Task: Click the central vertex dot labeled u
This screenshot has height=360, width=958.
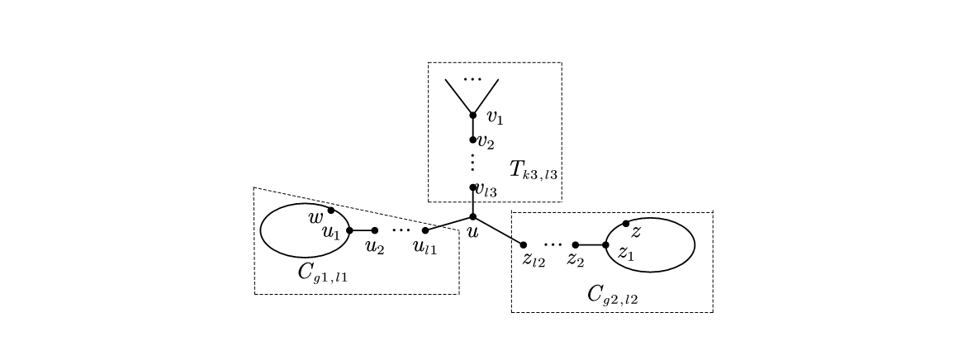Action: click(x=472, y=216)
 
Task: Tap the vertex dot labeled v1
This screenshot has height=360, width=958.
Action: click(x=472, y=115)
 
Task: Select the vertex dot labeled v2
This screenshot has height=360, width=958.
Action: click(x=472, y=140)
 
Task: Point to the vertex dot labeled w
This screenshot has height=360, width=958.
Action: click(x=331, y=210)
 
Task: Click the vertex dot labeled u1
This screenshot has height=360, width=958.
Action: click(x=349, y=230)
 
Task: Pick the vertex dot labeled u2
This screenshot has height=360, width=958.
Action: click(x=375, y=230)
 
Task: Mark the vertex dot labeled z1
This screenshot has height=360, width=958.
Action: click(x=605, y=244)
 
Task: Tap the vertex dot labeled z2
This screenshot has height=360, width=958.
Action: click(x=576, y=244)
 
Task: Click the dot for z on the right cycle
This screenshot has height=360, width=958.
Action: click(x=626, y=223)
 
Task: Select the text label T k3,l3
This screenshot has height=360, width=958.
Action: click(x=533, y=172)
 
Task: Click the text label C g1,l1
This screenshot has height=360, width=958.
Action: click(x=322, y=272)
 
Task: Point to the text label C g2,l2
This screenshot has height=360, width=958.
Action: click(x=612, y=294)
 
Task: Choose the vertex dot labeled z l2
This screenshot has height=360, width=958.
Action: click(x=524, y=244)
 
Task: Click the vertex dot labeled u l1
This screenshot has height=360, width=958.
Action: click(x=425, y=230)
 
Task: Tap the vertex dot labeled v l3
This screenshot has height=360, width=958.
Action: click(x=472, y=187)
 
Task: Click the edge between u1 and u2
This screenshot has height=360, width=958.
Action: click(x=362, y=230)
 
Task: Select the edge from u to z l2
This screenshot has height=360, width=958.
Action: click(x=498, y=230)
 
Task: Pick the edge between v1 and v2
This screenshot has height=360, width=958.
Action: click(x=472, y=127)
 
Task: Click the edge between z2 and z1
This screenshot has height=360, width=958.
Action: click(x=590, y=244)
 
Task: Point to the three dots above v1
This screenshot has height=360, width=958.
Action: click(x=472, y=79)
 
